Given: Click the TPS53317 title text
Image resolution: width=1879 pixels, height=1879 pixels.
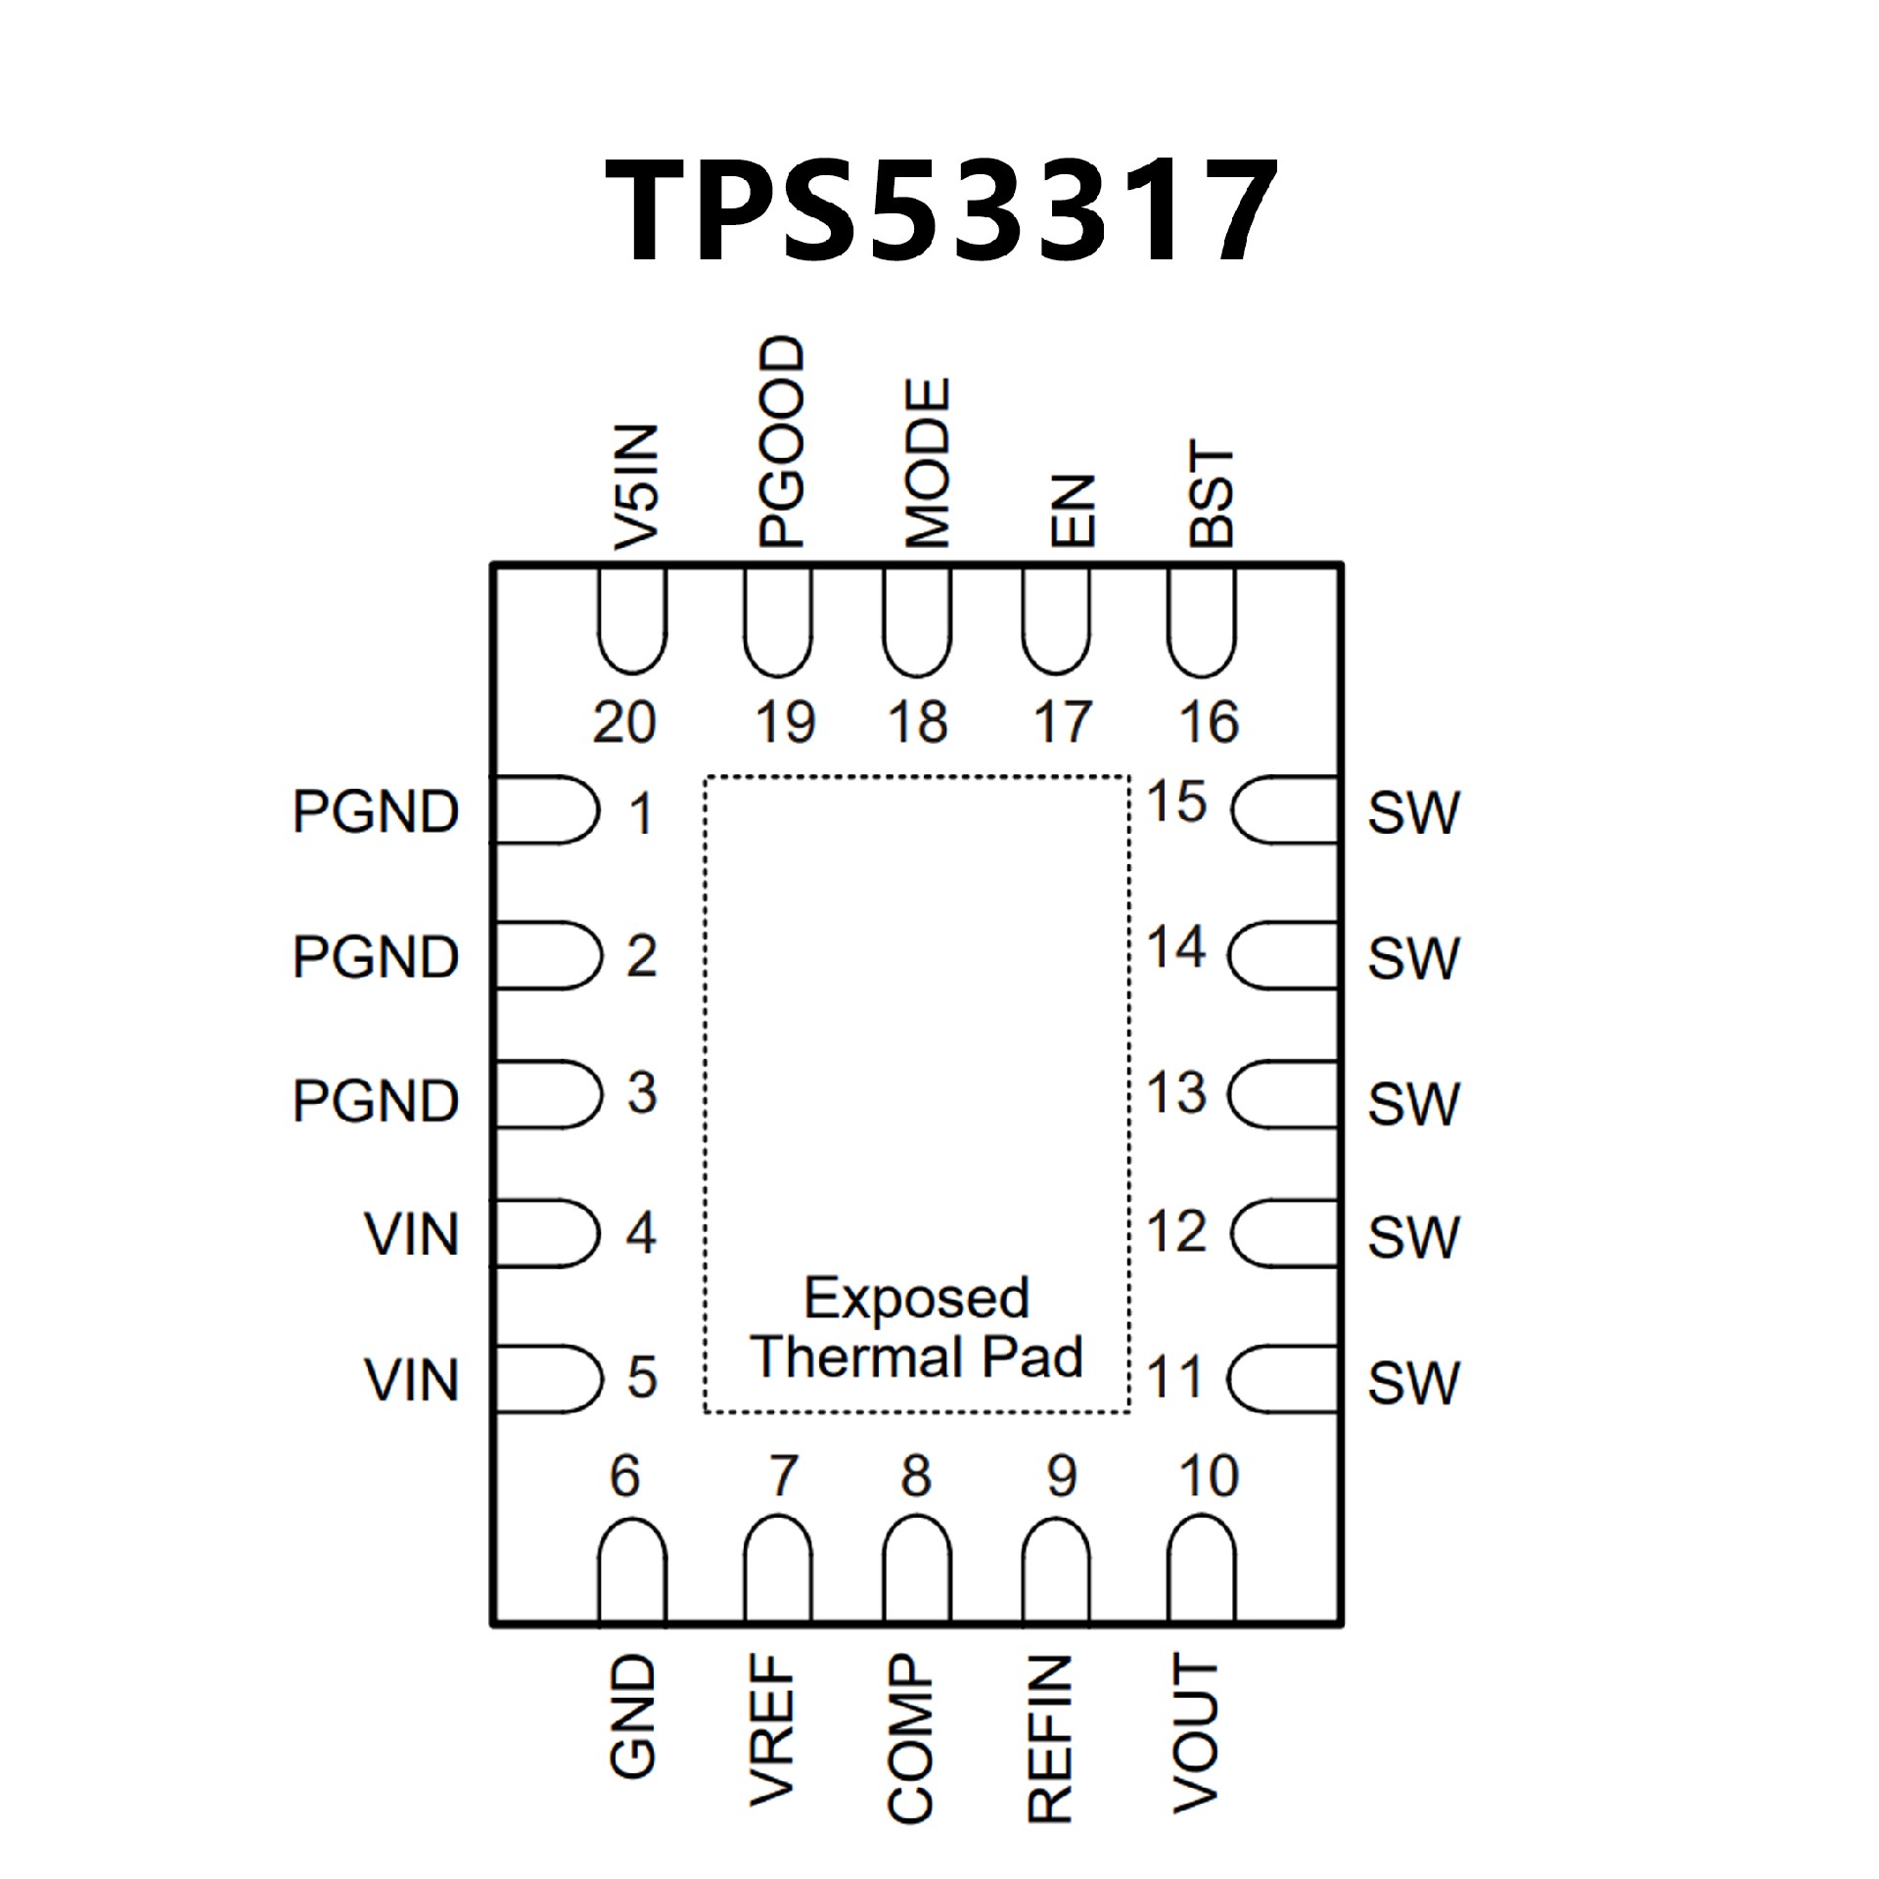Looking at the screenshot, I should pos(940,210).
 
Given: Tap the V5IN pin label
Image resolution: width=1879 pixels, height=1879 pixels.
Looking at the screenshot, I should pos(634,486).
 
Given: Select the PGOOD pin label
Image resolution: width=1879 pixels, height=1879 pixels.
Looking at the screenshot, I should pos(781,441).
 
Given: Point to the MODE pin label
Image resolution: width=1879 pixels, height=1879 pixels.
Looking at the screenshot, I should pos(926,462).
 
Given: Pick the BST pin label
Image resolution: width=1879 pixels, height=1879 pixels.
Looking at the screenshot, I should pos(1212,494).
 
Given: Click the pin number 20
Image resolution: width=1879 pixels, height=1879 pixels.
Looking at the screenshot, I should pos(623,723).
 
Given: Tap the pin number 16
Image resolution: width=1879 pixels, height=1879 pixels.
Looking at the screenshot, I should pos(1210,723).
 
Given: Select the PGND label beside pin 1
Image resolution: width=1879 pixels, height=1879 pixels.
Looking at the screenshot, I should pos(376,811).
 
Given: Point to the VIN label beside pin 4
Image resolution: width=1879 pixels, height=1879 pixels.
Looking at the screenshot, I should pos(411,1234).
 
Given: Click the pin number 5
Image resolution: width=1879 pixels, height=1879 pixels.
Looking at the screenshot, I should pos(641,1378).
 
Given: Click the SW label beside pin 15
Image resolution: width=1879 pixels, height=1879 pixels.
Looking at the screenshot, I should pos(1413,812).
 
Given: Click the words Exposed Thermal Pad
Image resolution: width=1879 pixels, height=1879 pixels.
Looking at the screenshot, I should pos(917,1327).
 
